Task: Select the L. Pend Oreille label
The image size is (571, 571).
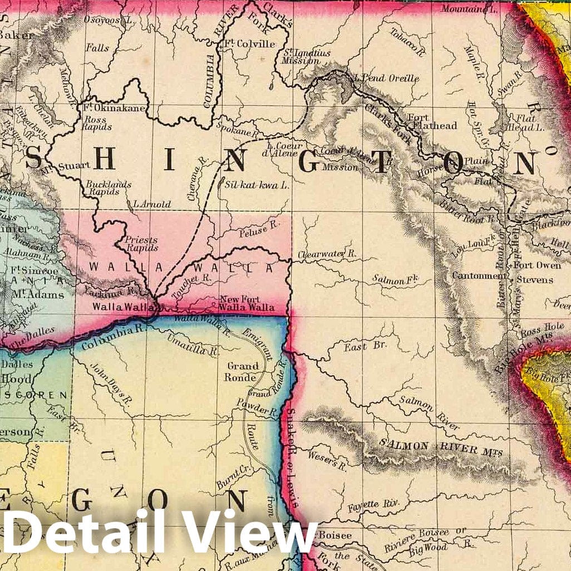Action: pyautogui.click(x=386, y=78)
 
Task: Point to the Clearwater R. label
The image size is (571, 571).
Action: pyautogui.click(x=326, y=254)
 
